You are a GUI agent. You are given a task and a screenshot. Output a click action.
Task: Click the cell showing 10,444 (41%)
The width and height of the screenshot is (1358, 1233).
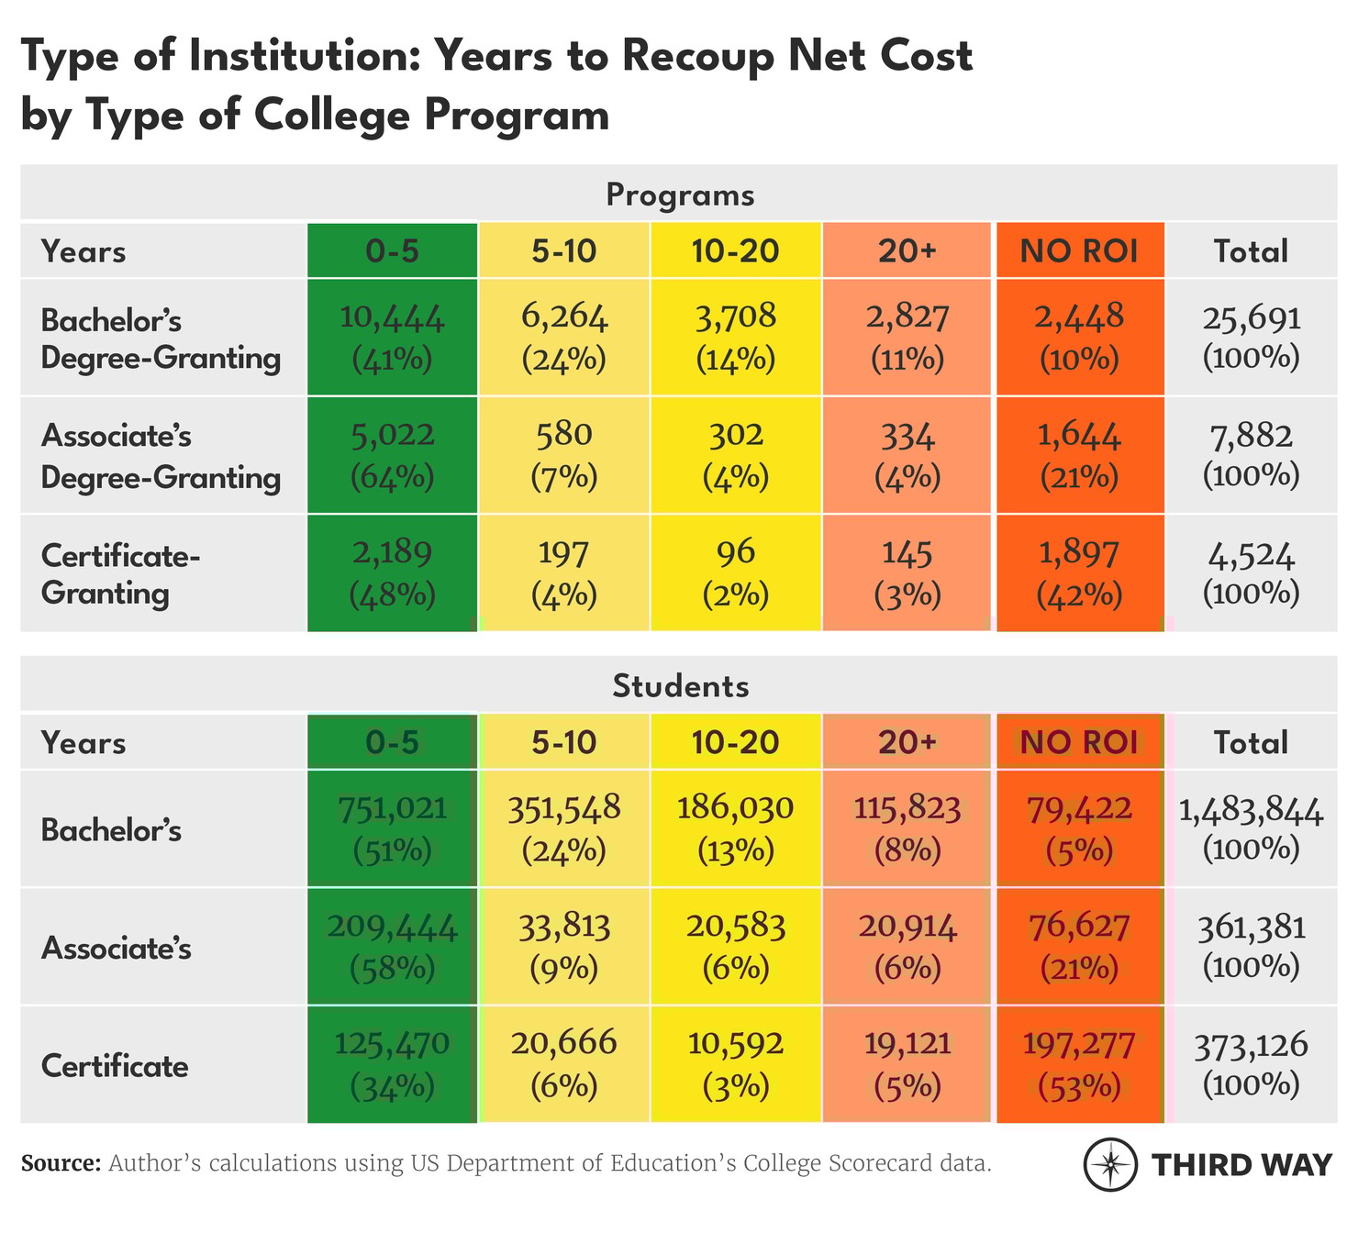pos(392,338)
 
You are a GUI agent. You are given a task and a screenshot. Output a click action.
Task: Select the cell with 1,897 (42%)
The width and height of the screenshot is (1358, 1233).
pos(1079,573)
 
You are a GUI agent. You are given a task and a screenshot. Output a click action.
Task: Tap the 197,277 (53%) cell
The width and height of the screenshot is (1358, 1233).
pos(1079,1065)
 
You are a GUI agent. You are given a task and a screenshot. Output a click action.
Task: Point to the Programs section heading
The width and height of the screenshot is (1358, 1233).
pos(680,195)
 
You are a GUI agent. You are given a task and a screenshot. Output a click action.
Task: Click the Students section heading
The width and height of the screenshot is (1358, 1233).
pos(680,686)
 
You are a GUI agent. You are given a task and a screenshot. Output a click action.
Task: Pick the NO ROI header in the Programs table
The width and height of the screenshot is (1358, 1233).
pos(1079,251)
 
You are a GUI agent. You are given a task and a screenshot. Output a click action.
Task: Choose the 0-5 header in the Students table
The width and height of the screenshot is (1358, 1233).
pos(392,742)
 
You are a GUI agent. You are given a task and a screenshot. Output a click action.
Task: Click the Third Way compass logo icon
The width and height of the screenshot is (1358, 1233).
pos(1111,1165)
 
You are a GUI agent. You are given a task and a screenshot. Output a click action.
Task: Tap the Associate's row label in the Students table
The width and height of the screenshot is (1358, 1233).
pos(117,948)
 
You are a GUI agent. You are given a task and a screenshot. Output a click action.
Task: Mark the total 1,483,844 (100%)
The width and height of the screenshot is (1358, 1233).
pos(1252,829)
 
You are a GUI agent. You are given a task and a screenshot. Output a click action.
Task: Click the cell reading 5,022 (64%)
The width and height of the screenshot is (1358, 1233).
pos(392,455)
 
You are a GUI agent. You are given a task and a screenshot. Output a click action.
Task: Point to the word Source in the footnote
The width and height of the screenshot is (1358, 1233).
pos(61,1164)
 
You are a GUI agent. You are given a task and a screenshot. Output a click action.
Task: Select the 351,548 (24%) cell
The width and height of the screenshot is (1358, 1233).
pos(564,829)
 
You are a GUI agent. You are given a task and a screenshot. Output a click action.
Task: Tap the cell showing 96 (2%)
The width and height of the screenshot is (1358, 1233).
pos(736,573)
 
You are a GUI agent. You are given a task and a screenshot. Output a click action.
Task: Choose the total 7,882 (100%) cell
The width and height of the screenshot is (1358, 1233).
pos(1252,455)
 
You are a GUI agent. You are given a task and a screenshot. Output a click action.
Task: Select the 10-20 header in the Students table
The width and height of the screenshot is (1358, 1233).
pos(736,742)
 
